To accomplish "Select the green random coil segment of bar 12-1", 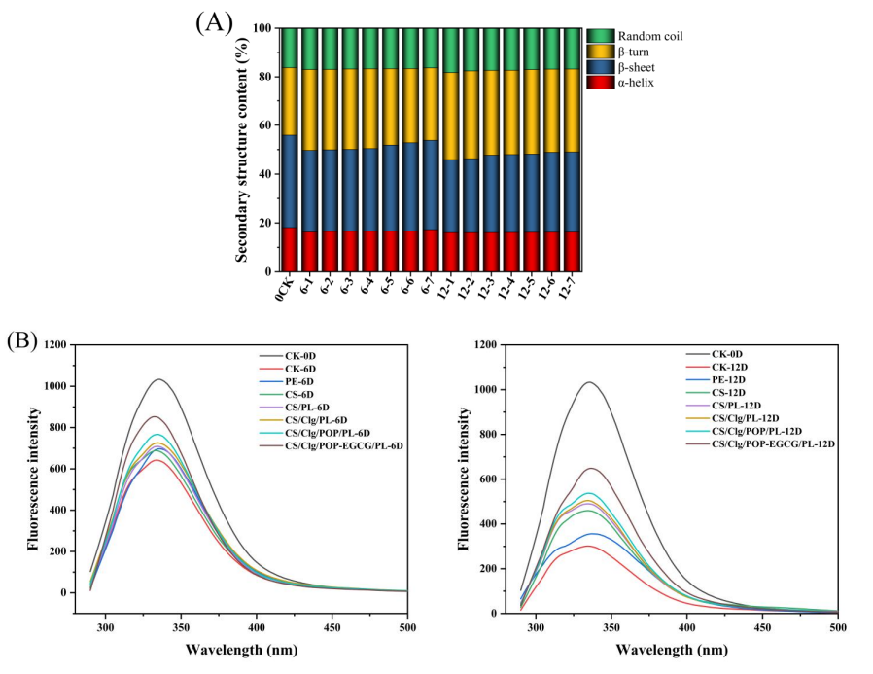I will pos(451,51).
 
